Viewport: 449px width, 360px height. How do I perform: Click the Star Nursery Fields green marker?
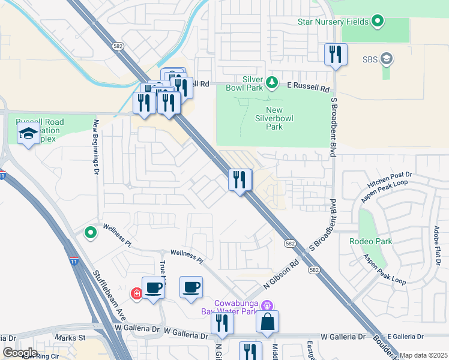tap(378, 22)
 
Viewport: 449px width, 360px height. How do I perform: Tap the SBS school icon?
tap(387, 59)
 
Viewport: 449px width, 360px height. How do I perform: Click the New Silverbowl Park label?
tap(274, 118)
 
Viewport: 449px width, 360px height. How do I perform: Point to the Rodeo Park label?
tap(371, 241)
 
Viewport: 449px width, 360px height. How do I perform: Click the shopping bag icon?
tap(268, 322)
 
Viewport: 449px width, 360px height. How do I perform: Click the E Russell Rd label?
tap(308, 88)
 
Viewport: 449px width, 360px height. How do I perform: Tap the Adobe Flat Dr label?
tap(438, 245)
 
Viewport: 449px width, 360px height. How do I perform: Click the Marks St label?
tap(70, 338)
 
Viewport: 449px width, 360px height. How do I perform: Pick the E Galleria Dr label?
tap(405, 337)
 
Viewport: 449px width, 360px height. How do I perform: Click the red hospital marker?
tap(137, 293)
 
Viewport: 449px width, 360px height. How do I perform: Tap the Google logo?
tap(20, 352)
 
